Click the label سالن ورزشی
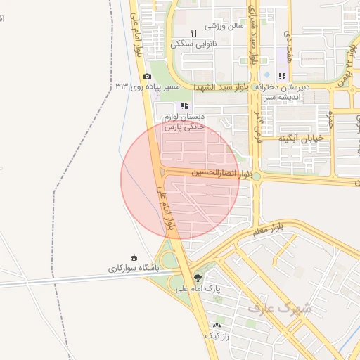tap(224, 26)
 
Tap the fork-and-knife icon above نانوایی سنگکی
tap(194, 33)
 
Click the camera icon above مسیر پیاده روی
tap(147, 76)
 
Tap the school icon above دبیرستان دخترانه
tap(282, 76)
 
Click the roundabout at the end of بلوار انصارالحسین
tap(257, 176)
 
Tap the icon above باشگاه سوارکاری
tap(134, 257)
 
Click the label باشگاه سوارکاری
tap(134, 268)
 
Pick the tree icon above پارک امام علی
tap(198, 278)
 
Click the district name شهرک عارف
tap(278, 307)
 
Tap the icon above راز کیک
tap(217, 325)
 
